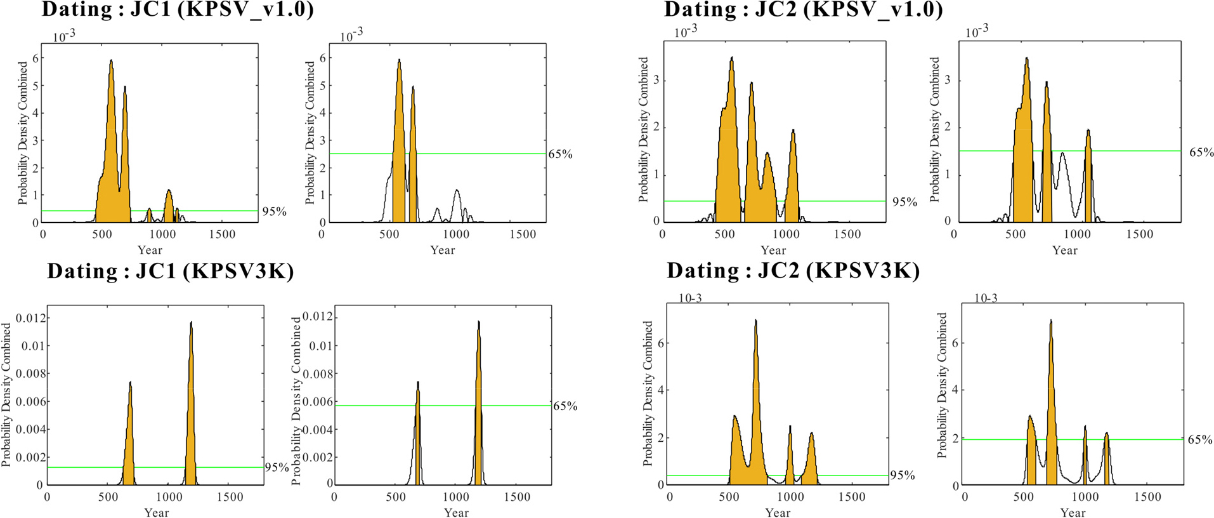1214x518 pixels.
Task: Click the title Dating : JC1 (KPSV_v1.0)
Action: tap(178, 10)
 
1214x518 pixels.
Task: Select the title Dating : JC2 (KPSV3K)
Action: tap(793, 271)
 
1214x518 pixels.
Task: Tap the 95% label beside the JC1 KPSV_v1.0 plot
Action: tap(275, 211)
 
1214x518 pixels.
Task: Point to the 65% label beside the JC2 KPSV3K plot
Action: tap(1199, 439)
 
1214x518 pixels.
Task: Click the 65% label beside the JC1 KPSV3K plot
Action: tap(565, 406)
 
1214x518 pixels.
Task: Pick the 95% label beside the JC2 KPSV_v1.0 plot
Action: tap(904, 202)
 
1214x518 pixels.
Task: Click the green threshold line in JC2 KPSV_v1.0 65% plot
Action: tap(1129, 151)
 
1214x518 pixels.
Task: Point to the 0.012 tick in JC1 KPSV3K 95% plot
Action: tap(34, 317)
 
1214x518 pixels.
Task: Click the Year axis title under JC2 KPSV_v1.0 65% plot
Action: tap(1064, 250)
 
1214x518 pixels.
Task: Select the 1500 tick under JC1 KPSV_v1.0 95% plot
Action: tap(222, 234)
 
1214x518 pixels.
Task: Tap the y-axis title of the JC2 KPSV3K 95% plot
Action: tap(648, 393)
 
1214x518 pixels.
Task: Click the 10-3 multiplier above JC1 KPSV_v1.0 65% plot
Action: tap(351, 36)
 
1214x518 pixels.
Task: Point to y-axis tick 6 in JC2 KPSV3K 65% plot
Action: tap(955, 343)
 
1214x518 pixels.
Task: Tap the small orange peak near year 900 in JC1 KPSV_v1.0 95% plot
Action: tap(149, 215)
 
